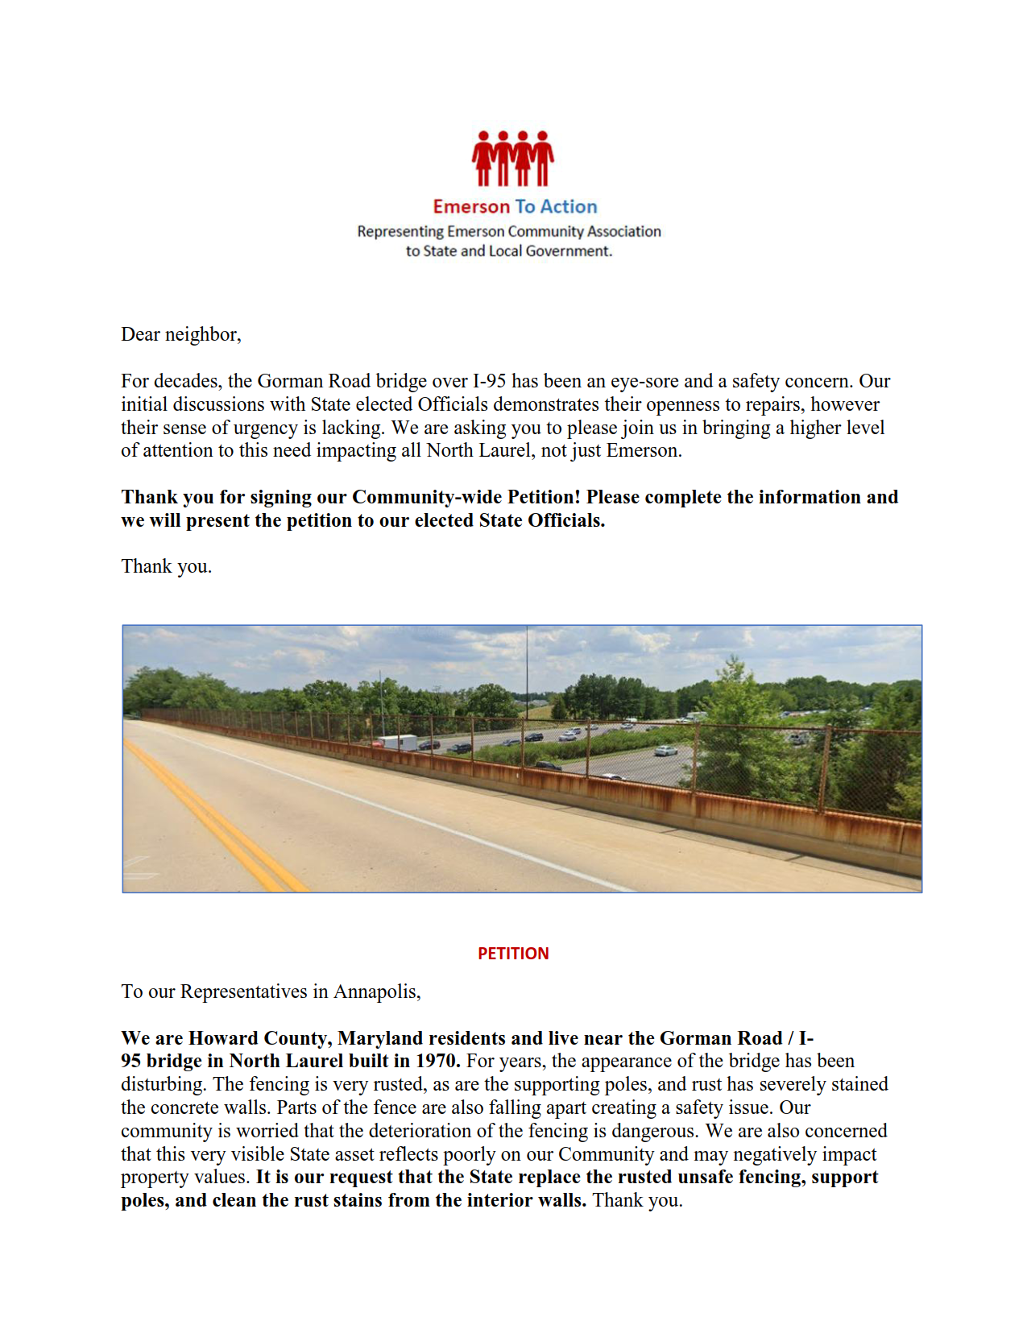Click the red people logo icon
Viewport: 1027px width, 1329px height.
point(513,159)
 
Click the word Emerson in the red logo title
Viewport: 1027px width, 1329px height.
point(471,207)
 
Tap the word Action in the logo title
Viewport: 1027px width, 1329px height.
point(569,207)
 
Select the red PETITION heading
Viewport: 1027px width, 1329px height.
point(513,954)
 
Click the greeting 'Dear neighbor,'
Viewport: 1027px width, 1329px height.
point(181,334)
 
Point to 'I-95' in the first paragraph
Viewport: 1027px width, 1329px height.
point(490,381)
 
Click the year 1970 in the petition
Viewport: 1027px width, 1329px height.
point(436,1061)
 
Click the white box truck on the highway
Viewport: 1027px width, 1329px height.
point(398,742)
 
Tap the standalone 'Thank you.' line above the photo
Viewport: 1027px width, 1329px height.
point(167,566)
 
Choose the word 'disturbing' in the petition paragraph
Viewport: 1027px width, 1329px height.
point(162,1084)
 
